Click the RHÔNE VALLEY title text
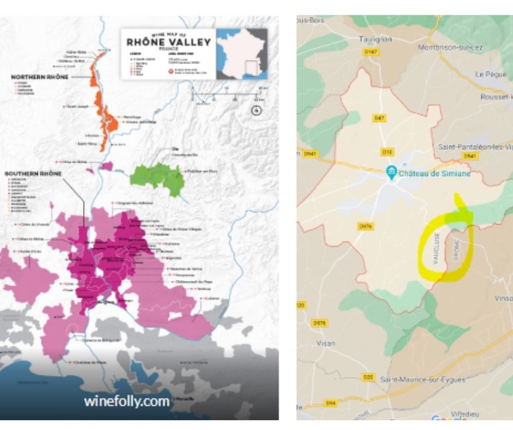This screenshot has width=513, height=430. click(168, 42)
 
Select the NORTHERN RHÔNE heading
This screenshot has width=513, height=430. click(40, 77)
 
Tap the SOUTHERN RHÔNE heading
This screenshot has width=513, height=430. click(33, 174)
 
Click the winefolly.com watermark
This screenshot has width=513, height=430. click(127, 401)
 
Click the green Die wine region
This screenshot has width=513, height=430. click(158, 176)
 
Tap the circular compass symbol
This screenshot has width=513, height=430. click(256, 111)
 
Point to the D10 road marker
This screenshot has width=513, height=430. click(387, 151)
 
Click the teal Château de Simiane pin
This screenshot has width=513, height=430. click(391, 172)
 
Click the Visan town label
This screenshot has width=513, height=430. click(326, 343)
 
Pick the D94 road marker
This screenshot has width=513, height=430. click(330, 403)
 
